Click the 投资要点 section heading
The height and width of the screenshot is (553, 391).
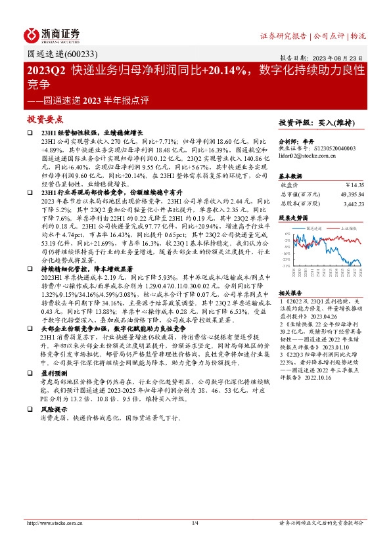[x=45, y=120]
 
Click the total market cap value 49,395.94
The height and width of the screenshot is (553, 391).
[x=350, y=195]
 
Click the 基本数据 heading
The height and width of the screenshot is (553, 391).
[x=292, y=176]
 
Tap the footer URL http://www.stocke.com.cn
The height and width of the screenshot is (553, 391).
[x=49, y=523]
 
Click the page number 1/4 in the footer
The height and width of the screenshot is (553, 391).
[x=195, y=523]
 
